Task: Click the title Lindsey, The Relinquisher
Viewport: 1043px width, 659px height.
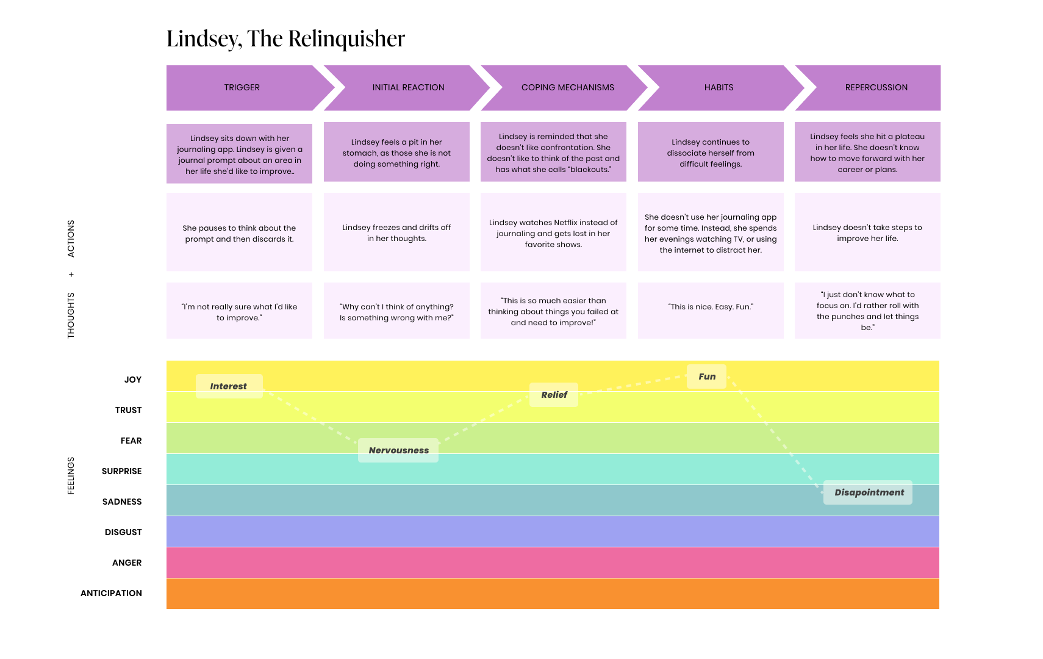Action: point(285,38)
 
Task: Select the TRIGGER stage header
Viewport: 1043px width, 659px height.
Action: point(242,87)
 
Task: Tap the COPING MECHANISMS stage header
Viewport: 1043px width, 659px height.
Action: point(567,87)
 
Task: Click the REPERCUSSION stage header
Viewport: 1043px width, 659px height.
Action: point(876,87)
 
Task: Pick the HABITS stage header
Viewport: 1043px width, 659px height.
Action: point(719,87)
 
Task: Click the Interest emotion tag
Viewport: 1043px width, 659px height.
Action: point(229,386)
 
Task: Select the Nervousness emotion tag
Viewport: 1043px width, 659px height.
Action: point(398,450)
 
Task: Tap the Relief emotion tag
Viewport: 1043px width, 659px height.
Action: point(554,395)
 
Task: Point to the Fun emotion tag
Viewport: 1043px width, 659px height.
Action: point(707,376)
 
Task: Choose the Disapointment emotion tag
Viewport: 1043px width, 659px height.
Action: point(869,492)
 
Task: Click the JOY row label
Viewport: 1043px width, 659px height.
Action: point(133,380)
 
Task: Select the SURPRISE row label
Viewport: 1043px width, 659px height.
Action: point(121,471)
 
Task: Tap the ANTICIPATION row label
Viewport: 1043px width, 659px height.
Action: point(111,593)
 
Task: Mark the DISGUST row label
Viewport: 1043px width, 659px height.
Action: point(123,532)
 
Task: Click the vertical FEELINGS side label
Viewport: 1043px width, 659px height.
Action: point(71,475)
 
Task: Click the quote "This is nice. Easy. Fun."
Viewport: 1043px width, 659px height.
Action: point(711,307)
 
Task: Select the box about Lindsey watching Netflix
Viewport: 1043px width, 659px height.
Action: point(553,233)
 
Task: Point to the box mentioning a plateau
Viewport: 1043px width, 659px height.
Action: point(867,153)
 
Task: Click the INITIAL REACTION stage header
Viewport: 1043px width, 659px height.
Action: point(408,87)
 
